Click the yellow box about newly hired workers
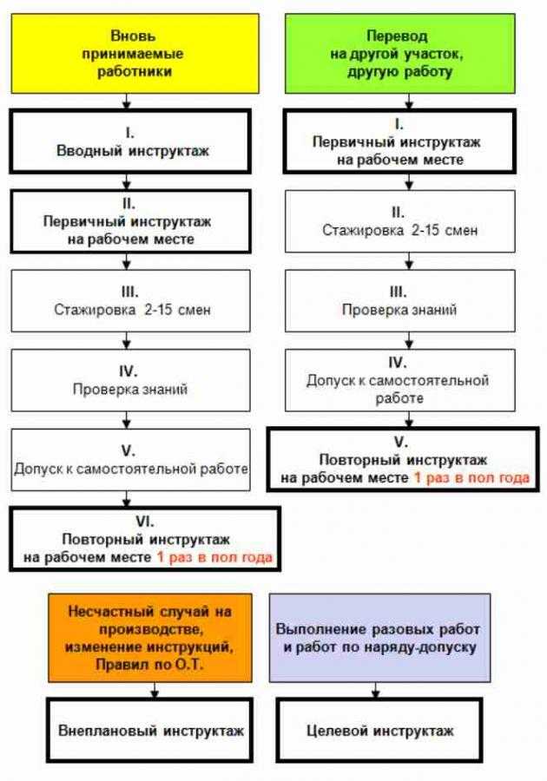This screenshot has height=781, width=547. (135, 53)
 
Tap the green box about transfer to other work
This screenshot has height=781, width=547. (400, 53)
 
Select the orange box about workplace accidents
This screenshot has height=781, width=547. (150, 638)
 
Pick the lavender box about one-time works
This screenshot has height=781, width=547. (379, 638)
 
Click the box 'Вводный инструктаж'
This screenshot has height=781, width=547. (130, 141)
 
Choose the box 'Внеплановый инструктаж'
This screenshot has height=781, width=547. (150, 730)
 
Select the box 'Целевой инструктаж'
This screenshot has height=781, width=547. (379, 730)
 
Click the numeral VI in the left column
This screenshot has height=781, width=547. (145, 522)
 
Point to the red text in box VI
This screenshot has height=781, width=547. (214, 557)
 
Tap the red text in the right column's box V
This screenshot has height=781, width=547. (471, 477)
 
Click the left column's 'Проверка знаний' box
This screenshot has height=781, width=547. (130, 381)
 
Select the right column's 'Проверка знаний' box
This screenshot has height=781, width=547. (400, 301)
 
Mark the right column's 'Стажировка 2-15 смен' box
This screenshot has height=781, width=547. (400, 221)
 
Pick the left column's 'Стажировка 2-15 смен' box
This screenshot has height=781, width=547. (130, 301)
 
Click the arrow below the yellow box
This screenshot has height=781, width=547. (127, 102)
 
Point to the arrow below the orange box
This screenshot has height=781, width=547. (155, 690)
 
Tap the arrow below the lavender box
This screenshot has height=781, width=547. (376, 690)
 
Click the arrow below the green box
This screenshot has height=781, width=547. (409, 102)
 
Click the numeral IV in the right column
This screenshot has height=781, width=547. (398, 362)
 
